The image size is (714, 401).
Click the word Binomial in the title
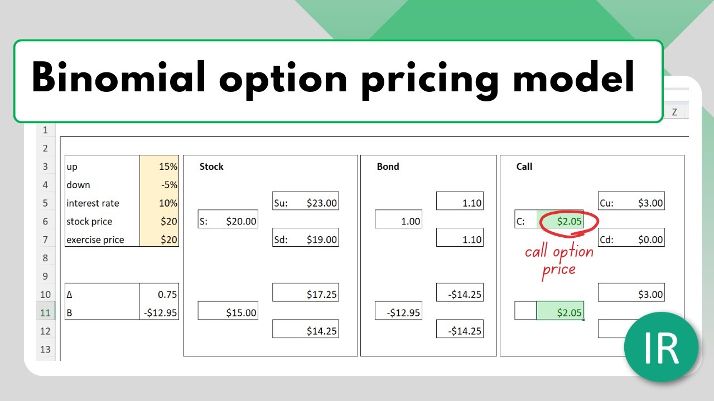[118, 77]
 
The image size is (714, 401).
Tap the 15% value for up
[168, 167]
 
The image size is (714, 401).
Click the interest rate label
[93, 203]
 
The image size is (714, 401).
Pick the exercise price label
[95, 239]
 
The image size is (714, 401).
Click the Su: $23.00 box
[305, 201]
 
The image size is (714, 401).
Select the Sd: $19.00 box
[305, 237]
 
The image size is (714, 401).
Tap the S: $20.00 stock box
[228, 219]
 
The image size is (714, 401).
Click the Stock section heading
[211, 167]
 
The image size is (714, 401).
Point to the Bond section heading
[388, 167]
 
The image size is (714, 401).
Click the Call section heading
[524, 167]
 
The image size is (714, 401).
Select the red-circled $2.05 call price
[570, 221]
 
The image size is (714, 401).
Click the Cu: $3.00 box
[631, 201]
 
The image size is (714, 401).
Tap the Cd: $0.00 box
[631, 237]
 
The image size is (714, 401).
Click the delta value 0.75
[167, 295]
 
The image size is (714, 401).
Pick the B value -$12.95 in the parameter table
[160, 313]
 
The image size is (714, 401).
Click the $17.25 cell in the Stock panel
[305, 292]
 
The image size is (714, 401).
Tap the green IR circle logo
[662, 347]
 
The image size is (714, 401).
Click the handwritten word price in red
[559, 271]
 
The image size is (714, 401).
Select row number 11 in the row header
[45, 313]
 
